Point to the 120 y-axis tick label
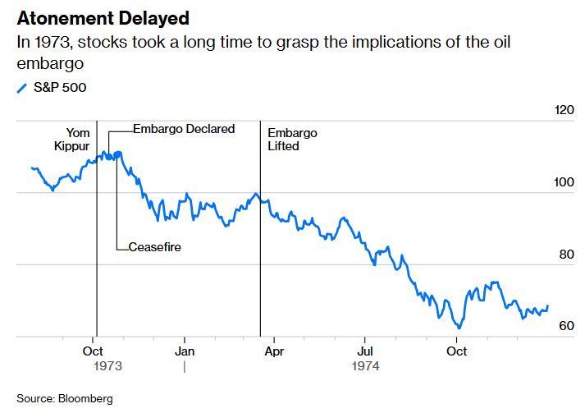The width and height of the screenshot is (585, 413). coord(565,109)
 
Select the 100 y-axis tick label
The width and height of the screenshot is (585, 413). coord(565,181)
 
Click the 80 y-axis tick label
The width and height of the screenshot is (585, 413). coord(566,254)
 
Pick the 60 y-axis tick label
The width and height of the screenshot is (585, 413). coord(566,326)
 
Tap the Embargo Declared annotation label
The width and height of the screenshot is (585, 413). coord(184,129)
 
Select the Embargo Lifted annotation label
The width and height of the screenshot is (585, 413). coord(291,140)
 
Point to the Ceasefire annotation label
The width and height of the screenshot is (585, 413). coord(154,247)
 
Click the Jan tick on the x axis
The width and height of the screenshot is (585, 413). coord(185,351)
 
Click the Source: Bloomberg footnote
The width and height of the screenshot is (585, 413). coord(64,399)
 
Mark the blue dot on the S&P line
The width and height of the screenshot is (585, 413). coord(118,154)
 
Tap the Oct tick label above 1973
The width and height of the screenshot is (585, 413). coord(93,351)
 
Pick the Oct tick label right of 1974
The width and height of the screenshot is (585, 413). coord(456,351)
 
